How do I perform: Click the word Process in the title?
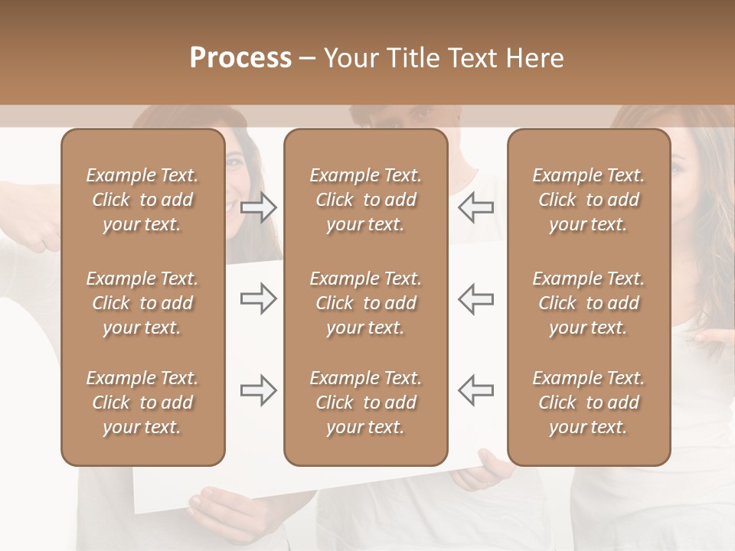(x=240, y=57)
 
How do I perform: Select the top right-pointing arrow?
(x=259, y=207)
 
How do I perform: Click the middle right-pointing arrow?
(x=259, y=298)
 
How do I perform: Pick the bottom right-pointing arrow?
(x=259, y=390)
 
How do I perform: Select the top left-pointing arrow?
(x=475, y=207)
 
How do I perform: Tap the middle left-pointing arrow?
(x=475, y=298)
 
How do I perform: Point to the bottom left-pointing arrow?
(x=475, y=390)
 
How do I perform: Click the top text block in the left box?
(x=142, y=200)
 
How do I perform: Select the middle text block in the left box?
(x=142, y=303)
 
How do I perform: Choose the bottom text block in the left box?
(x=142, y=403)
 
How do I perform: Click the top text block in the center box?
(x=365, y=200)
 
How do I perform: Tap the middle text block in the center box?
(x=365, y=303)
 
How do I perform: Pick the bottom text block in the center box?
(x=365, y=403)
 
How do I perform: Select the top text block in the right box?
(x=589, y=200)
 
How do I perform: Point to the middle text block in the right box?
(x=589, y=303)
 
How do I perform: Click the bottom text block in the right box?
(x=589, y=403)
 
